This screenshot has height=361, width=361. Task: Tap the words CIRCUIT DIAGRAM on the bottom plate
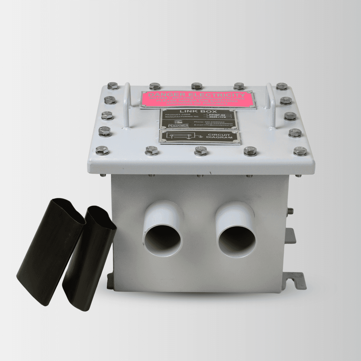coord(220,136)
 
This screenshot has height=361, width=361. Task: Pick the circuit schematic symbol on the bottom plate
coord(180,136)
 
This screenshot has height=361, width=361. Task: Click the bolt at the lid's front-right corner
coord(300,151)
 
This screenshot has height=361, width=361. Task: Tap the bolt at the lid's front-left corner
coord(102,150)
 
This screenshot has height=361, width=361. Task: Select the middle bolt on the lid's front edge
coord(201,151)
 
